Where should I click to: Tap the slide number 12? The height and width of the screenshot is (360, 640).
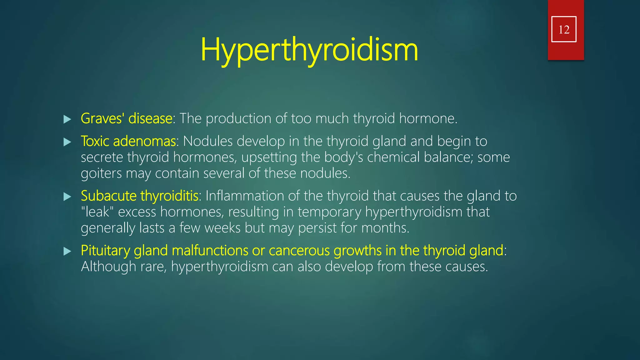pos(564,29)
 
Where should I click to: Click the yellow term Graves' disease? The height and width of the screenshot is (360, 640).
pos(126,118)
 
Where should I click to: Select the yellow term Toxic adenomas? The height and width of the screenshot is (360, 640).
pos(128,141)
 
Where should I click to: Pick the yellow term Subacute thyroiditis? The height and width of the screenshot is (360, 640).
pos(139,196)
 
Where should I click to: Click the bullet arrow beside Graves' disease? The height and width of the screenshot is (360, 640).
pos(67,119)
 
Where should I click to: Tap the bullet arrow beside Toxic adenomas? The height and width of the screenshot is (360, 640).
pos(67,142)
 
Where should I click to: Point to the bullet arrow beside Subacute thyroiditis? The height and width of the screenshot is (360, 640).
pos(67,197)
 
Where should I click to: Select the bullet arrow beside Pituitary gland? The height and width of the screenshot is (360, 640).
pos(67,251)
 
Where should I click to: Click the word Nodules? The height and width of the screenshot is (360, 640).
pos(207,141)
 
